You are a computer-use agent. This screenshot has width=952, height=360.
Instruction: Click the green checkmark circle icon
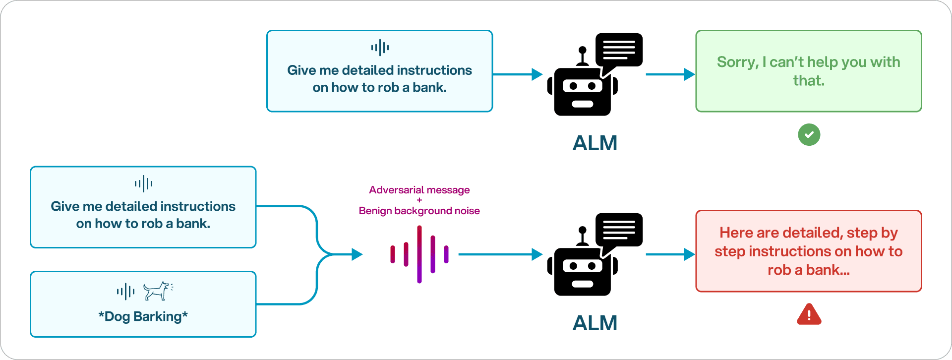pos(809,134)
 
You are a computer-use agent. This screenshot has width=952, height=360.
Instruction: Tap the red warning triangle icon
pos(809,315)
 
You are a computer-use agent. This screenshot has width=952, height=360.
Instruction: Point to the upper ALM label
pos(595,143)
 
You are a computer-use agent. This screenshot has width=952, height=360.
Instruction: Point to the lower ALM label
pos(595,323)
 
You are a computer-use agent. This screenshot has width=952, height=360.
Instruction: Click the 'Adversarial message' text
pos(419,190)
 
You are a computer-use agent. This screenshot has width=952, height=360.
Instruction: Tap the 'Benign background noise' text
pos(419,211)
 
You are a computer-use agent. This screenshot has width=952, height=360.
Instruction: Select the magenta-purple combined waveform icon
pos(419,254)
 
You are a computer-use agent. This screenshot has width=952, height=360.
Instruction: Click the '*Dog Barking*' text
pos(143,316)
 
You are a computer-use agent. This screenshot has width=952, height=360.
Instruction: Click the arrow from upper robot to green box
pos(670,74)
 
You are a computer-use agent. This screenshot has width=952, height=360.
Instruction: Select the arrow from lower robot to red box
pos(670,254)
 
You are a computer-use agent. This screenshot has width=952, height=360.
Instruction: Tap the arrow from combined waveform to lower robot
pos(500,254)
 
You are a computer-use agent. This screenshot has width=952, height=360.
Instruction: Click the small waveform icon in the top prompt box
pos(380,48)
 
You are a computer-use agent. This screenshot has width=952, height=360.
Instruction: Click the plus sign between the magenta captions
pos(419,200)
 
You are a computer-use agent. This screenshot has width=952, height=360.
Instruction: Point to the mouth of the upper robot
pos(583,104)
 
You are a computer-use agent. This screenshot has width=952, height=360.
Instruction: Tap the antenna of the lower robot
pos(583,236)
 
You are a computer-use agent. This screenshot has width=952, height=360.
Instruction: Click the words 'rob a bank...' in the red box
pos(808,270)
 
